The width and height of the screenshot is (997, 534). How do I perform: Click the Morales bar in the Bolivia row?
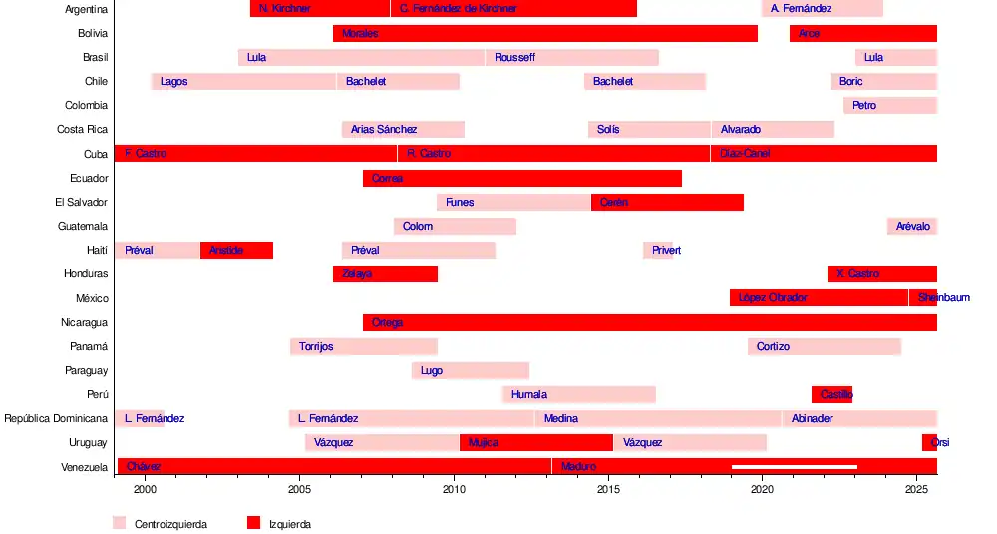pyautogui.click(x=544, y=33)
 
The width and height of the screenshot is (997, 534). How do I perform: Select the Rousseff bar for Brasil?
pyautogui.click(x=571, y=57)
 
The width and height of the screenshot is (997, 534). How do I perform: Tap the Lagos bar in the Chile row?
pyautogui.click(x=243, y=81)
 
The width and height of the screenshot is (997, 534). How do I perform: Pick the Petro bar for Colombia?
pyautogui.click(x=889, y=105)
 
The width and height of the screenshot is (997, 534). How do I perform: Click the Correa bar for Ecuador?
pyautogui.click(x=521, y=178)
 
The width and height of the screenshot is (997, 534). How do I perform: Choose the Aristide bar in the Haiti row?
pyautogui.click(x=236, y=250)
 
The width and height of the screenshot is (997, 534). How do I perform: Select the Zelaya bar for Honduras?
pyautogui.click(x=385, y=273)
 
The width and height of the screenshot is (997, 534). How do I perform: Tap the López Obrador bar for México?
pyautogui.click(x=819, y=297)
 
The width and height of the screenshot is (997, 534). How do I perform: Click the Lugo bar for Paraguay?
pyautogui.click(x=470, y=370)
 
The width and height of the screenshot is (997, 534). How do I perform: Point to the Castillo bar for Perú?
pyautogui.click(x=831, y=394)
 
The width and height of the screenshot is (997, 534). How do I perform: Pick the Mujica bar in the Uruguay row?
pyautogui.click(x=535, y=442)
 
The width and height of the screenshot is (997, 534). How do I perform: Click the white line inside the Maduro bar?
pyautogui.click(x=795, y=466)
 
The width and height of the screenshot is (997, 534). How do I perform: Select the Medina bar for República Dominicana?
pyautogui.click(x=658, y=418)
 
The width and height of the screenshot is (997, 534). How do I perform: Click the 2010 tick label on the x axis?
pyautogui.click(x=454, y=490)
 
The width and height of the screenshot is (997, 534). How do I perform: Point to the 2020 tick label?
pyautogui.click(x=763, y=490)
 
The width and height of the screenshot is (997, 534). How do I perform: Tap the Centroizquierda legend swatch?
pyautogui.click(x=120, y=523)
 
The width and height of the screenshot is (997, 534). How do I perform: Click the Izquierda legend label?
pyautogui.click(x=290, y=524)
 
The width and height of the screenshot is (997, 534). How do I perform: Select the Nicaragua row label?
pyautogui.click(x=84, y=322)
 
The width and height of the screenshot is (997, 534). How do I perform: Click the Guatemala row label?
pyautogui.click(x=83, y=227)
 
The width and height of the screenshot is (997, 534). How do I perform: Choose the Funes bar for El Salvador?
pyautogui.click(x=513, y=202)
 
